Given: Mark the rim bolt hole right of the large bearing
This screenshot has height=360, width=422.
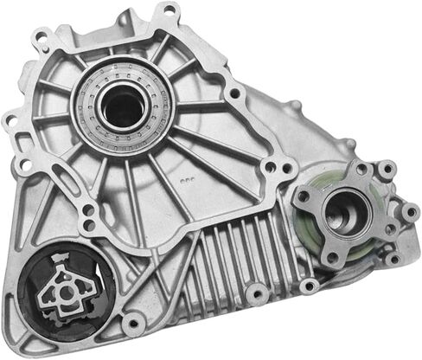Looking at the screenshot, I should coord(234,90).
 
